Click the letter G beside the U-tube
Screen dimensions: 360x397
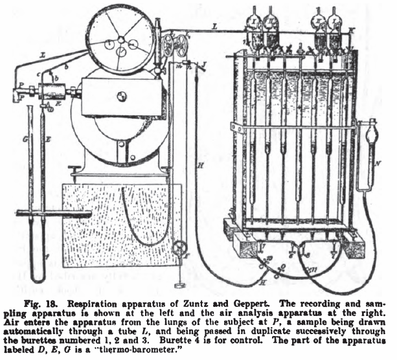pyautogui.click(x=25, y=139)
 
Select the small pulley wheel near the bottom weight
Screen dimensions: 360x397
pyautogui.click(x=179, y=247)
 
